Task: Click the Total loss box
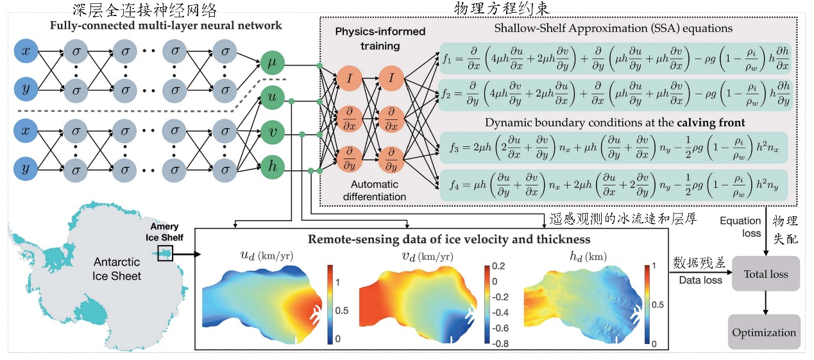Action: [x=765, y=274]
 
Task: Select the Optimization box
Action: [x=764, y=332]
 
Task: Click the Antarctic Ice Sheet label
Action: [x=117, y=269]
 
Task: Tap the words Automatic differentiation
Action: [x=367, y=191]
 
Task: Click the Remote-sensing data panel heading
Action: [x=430, y=239]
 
